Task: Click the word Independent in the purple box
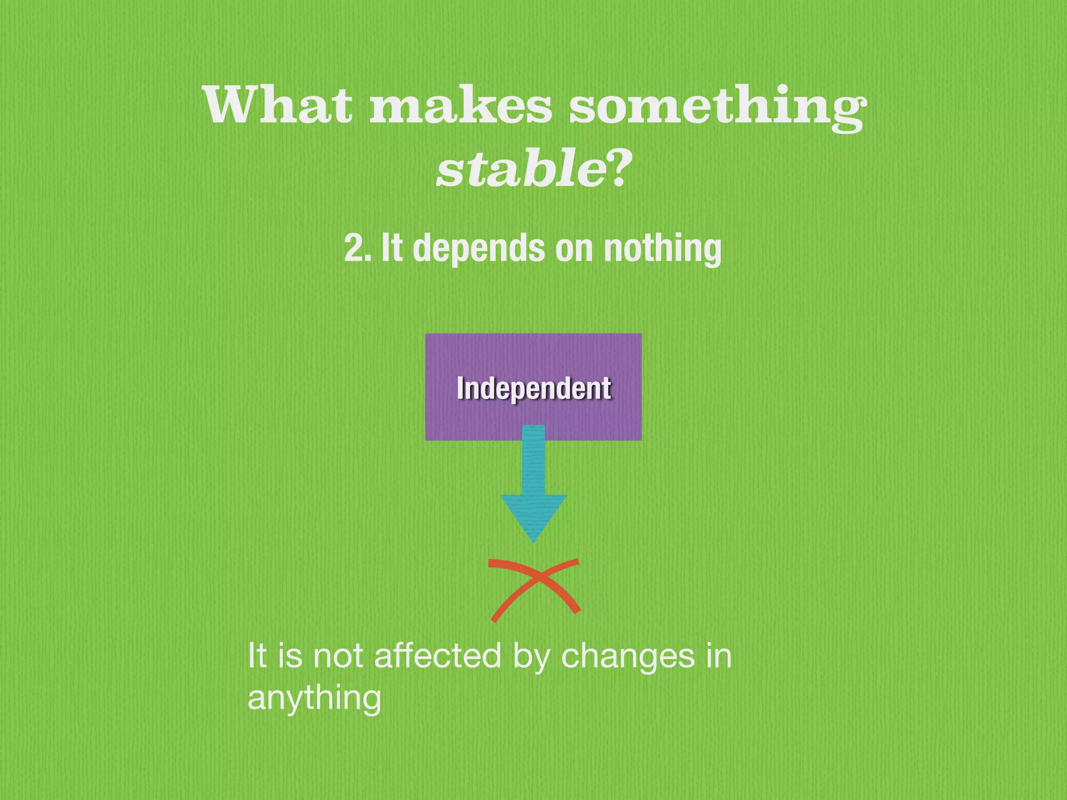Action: [x=533, y=388]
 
